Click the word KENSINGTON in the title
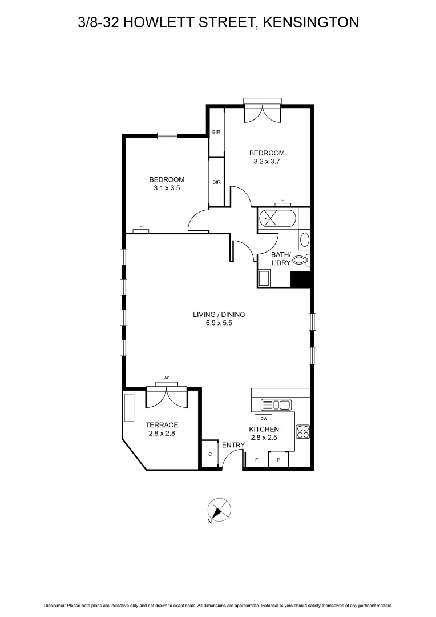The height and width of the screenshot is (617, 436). click(x=311, y=22)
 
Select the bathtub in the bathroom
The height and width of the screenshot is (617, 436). click(x=277, y=218)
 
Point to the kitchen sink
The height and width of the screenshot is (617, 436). click(x=276, y=405)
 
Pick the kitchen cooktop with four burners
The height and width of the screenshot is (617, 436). click(x=302, y=432)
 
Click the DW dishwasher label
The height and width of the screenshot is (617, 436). click(x=264, y=418)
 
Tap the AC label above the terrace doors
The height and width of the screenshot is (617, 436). click(x=167, y=378)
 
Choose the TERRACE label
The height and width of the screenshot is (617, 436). click(x=162, y=425)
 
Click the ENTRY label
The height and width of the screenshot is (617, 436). click(x=233, y=445)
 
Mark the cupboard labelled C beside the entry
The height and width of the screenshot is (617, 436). click(x=210, y=454)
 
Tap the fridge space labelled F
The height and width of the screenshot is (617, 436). click(x=256, y=459)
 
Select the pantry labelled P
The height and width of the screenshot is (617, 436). click(x=278, y=459)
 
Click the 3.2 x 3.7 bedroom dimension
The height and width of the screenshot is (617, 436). click(x=267, y=161)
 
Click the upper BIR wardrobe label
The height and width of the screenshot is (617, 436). click(x=216, y=132)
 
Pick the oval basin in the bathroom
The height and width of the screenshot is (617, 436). click(x=304, y=239)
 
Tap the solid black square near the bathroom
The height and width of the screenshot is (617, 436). click(x=300, y=279)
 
